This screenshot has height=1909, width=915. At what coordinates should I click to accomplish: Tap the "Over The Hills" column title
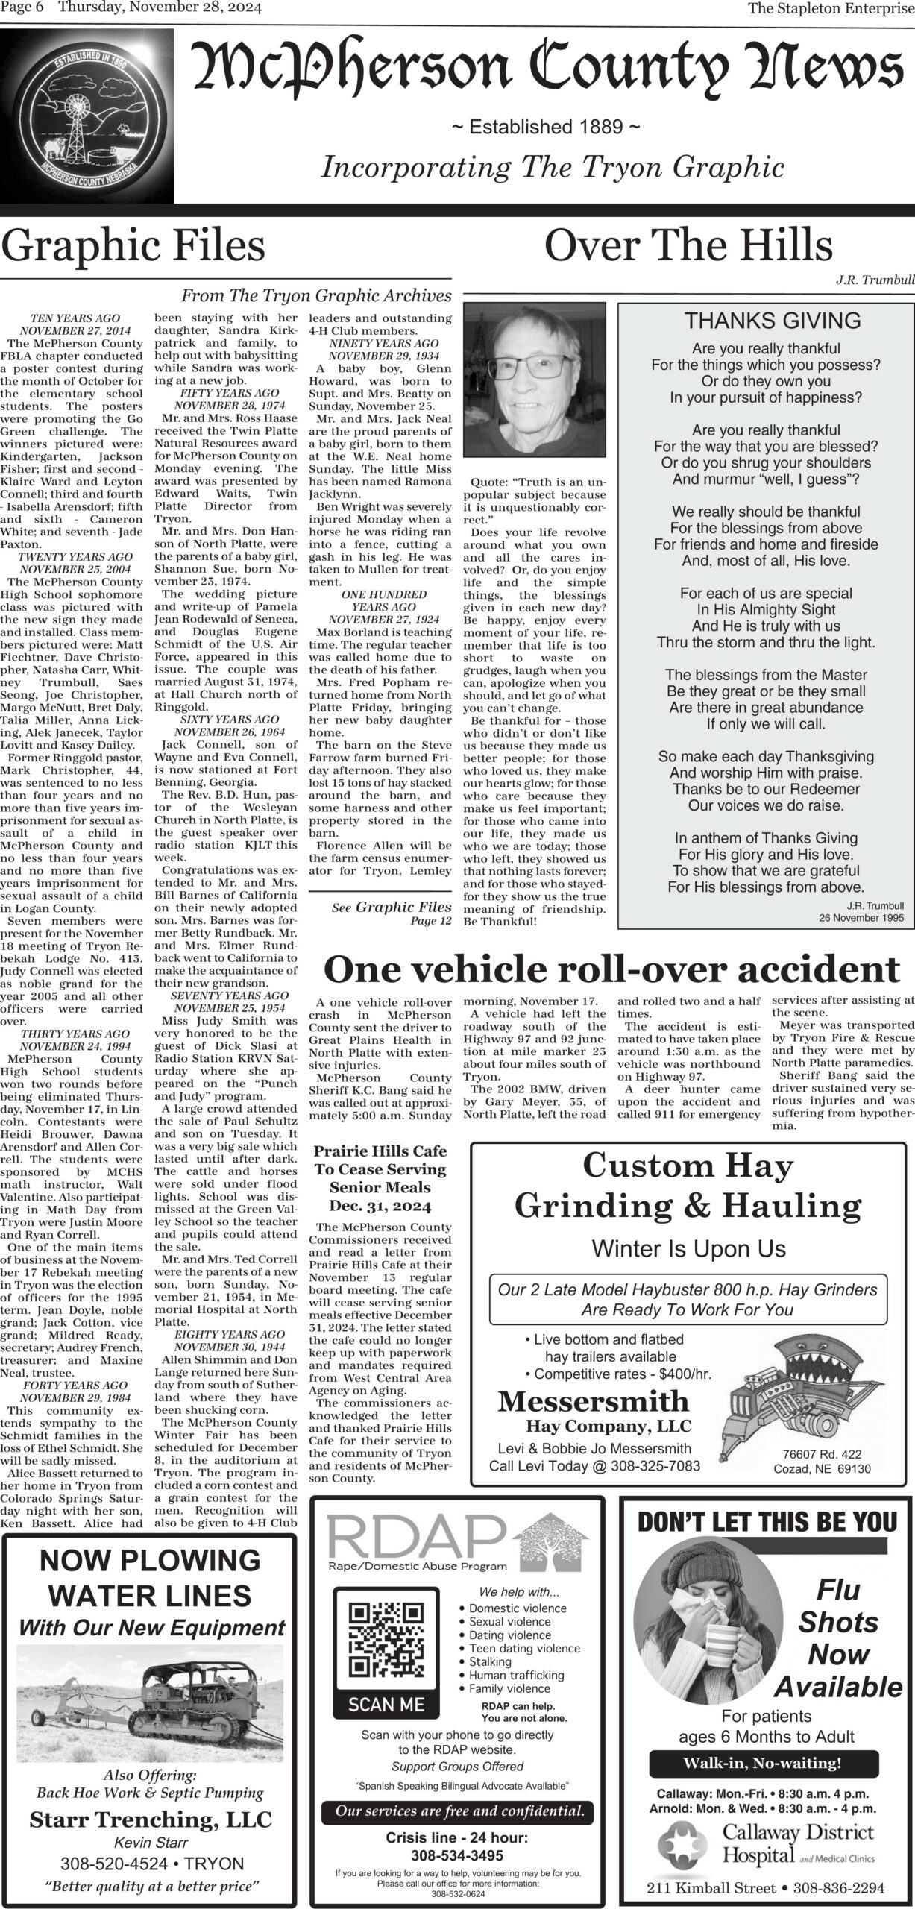click(688, 245)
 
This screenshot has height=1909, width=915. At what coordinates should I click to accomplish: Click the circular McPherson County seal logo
click(87, 119)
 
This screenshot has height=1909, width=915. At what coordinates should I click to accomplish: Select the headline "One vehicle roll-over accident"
click(611, 970)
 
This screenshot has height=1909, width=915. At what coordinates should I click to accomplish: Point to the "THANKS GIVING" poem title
click(773, 321)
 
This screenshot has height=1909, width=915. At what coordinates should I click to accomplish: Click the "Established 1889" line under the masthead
click(546, 128)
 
